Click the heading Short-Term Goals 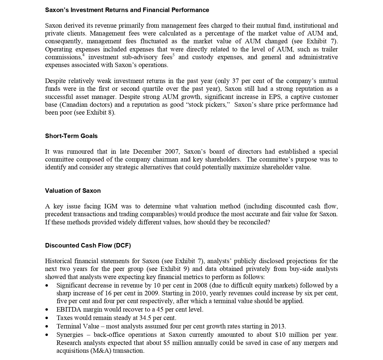[71, 136]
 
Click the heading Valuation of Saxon [73, 191]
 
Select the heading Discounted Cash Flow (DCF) [88, 245]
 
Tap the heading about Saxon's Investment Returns [127, 10]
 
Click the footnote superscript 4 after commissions [84, 55]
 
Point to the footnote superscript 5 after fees [173, 55]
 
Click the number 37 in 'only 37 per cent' [235, 81]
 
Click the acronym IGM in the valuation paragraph [111, 206]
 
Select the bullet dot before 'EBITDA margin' [47, 309]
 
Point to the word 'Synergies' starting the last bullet [70, 335]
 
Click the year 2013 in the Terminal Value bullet [278, 326]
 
